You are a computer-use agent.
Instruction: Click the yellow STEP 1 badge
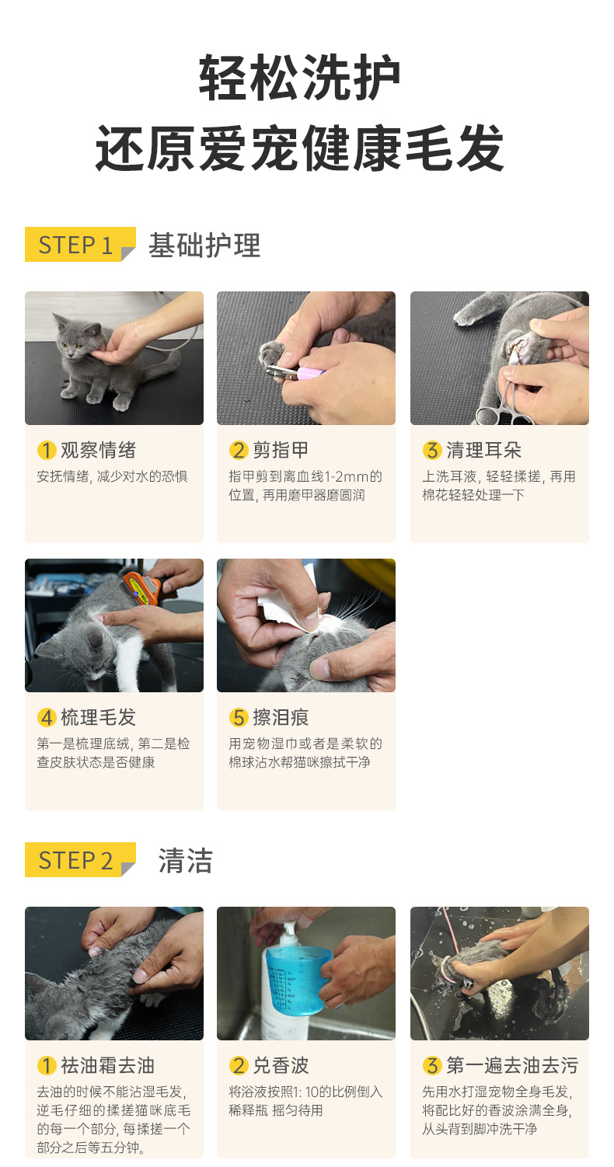80,244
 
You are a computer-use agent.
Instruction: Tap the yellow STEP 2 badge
80,859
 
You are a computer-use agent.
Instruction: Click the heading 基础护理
204,245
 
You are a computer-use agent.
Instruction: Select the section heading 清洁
186,860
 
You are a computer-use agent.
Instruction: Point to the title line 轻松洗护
300,78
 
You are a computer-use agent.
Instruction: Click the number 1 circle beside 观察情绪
47,450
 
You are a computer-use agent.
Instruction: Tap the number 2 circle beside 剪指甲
239,450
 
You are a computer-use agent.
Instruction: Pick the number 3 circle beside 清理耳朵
432,450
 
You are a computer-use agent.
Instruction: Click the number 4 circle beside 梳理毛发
47,717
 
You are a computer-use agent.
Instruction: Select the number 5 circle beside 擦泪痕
239,717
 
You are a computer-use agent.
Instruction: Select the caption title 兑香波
281,1065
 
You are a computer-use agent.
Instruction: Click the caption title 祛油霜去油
107,1065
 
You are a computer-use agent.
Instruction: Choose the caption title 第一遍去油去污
512,1065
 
